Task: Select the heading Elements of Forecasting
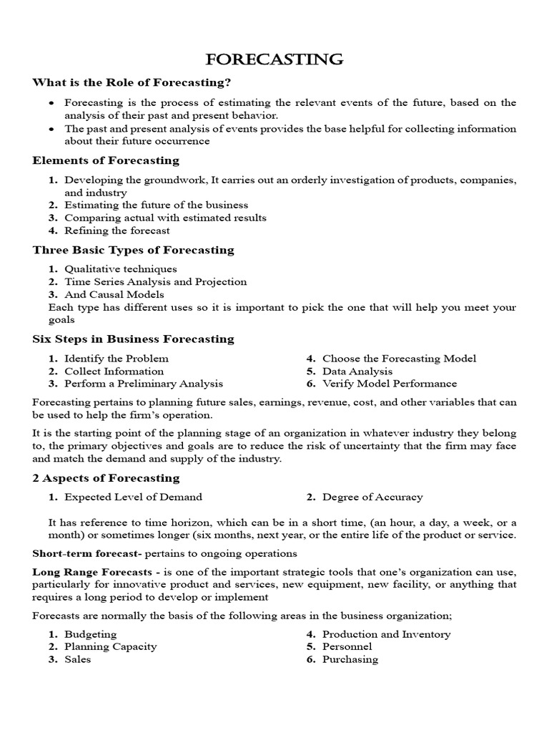point(106,160)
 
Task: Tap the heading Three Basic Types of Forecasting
point(133,250)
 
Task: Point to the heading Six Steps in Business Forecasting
point(133,339)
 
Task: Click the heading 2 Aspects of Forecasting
point(106,477)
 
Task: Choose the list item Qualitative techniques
point(120,269)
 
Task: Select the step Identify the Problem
point(116,358)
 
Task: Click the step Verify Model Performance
point(390,384)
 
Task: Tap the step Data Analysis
point(357,371)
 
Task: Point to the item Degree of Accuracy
point(372,497)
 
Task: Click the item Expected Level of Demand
point(133,497)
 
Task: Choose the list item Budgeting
point(90,634)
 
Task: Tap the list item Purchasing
point(350,659)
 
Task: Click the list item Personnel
point(347,646)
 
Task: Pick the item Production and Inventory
point(386,634)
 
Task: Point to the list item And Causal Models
point(114,294)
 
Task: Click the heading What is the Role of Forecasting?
point(132,83)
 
